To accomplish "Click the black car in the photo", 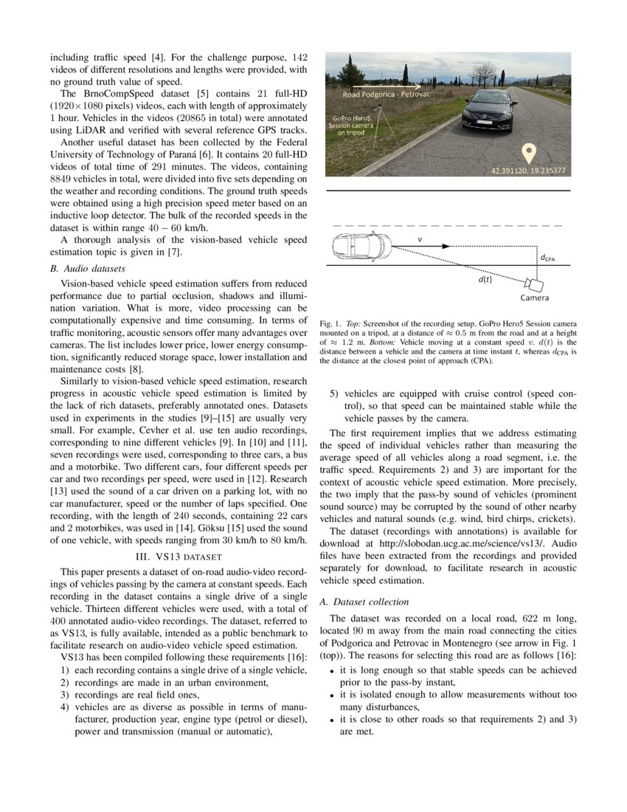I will coord(489,110).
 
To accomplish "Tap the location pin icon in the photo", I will coord(528,154).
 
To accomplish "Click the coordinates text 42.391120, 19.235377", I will coord(529,171).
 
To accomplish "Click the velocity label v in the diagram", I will coord(420,238).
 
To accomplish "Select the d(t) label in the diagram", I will coord(485,278).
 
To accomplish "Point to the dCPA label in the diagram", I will coord(547,258).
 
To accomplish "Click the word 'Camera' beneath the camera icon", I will coord(534,298).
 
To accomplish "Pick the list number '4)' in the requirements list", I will coord(66,706).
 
